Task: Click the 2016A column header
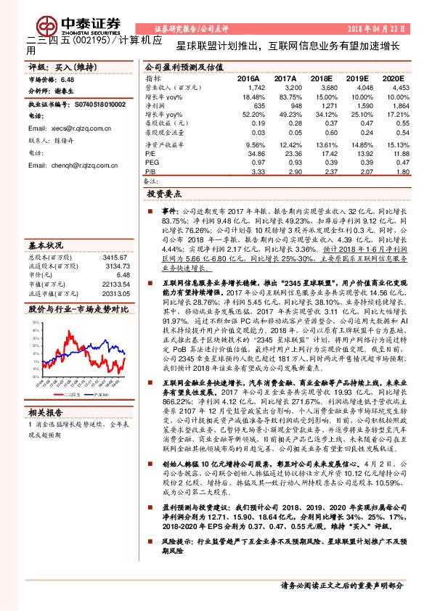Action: [248, 78]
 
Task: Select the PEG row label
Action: [151, 163]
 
